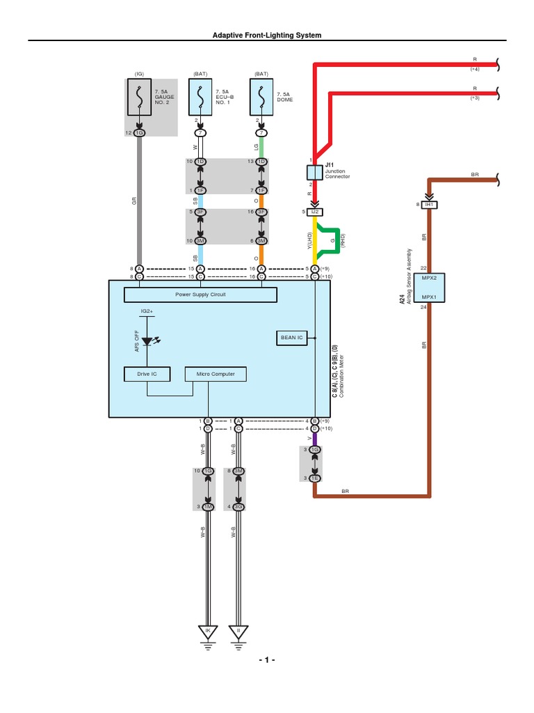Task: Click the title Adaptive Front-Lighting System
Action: [x=267, y=35]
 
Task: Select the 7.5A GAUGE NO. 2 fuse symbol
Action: [x=139, y=98]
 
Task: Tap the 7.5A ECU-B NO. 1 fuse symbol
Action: [x=200, y=98]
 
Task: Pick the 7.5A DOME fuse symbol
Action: [x=261, y=98]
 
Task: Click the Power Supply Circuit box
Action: [x=200, y=295]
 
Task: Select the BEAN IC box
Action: [x=291, y=338]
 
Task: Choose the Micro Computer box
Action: [x=215, y=374]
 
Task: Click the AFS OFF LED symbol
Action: [x=147, y=341]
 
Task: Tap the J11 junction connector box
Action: [x=314, y=171]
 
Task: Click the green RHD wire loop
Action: [x=337, y=239]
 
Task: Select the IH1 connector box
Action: [x=428, y=204]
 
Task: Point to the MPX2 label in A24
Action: [x=428, y=278]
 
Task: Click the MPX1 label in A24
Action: [x=428, y=297]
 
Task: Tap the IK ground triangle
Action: [x=207, y=632]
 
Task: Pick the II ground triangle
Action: [x=238, y=632]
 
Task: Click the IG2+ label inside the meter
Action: [x=147, y=311]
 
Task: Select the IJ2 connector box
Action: [x=314, y=211]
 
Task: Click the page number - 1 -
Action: [x=267, y=660]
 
